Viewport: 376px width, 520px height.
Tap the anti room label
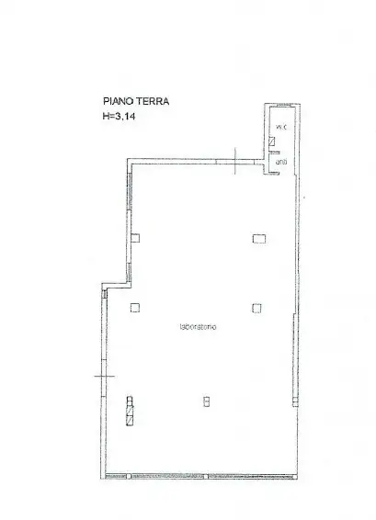click(280, 164)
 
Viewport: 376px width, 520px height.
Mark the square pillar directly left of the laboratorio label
click(135, 307)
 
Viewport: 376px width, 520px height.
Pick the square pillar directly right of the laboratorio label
click(256, 307)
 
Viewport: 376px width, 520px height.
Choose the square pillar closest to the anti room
click(258, 239)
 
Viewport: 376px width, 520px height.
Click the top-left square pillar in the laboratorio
click(135, 239)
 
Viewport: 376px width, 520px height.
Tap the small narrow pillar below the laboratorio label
click(206, 400)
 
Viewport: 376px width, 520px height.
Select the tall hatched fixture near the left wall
click(130, 410)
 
